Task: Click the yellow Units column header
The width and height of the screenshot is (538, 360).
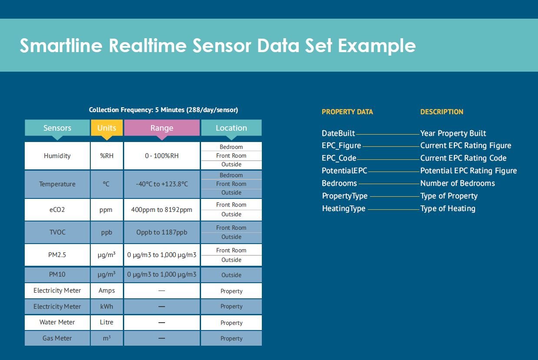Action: [106, 128]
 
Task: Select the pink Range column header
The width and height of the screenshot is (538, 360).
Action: [162, 128]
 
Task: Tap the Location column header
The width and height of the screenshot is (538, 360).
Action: [231, 128]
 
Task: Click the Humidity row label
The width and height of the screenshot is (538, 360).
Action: [57, 156]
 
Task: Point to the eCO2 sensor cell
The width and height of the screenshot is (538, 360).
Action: [57, 209]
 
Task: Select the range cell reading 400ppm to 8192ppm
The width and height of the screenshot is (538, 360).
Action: [162, 209]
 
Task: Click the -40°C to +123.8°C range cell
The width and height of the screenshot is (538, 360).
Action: [162, 184]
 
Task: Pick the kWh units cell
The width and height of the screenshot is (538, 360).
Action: [106, 307]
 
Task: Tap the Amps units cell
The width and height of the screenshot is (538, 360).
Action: [106, 291]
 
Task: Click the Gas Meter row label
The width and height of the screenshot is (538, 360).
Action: [57, 338]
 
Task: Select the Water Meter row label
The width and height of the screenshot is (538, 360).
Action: [57, 322]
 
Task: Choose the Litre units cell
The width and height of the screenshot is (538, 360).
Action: [106, 322]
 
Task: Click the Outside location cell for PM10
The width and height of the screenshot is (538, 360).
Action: [231, 275]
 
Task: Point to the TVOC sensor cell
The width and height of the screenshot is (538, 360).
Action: [57, 232]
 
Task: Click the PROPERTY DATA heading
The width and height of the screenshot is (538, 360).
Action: [347, 112]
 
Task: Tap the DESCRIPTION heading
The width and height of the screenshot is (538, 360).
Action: [442, 112]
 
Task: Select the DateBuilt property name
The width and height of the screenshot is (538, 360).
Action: [338, 133]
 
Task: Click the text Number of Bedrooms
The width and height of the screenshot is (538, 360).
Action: [457, 183]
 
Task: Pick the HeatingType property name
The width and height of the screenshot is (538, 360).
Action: [343, 208]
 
